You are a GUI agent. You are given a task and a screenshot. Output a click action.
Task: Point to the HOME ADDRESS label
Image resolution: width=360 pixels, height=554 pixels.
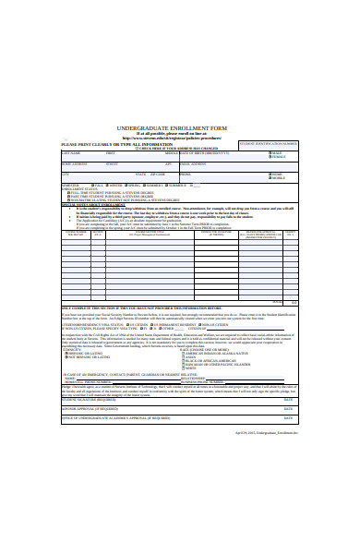[x=76, y=163]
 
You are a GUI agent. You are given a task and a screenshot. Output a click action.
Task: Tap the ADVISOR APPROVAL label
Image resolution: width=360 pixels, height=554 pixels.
[x=87, y=407]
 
